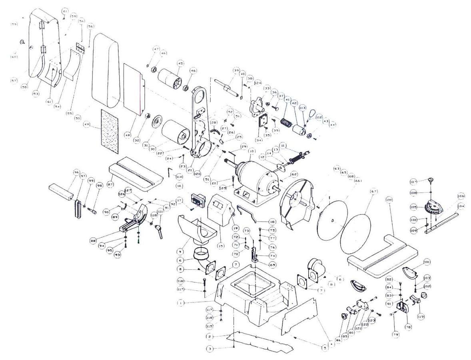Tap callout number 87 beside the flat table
point(110,184)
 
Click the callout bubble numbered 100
point(389,199)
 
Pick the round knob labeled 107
point(431,180)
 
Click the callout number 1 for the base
point(181,303)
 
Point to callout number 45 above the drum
point(181,63)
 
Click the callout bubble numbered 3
point(209,349)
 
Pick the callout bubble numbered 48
point(128,136)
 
